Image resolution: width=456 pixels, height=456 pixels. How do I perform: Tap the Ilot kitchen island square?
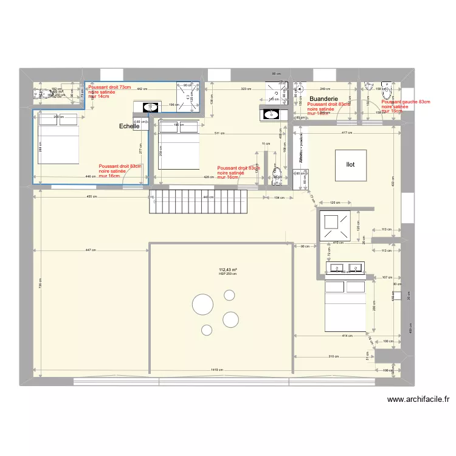351,165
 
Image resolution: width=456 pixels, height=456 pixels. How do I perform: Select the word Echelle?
129,126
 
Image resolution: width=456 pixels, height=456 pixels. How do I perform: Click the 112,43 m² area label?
227,270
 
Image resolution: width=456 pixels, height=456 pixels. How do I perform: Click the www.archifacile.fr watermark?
418,399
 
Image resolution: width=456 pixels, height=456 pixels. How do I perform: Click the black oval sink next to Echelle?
149,108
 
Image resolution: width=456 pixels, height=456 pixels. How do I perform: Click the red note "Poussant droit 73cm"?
109,88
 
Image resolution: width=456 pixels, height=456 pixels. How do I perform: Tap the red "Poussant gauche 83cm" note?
406,102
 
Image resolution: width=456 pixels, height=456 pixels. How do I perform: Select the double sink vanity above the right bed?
346,268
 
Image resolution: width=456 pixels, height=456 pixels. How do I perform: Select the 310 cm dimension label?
333,356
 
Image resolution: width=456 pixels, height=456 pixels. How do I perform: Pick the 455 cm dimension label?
91,197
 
